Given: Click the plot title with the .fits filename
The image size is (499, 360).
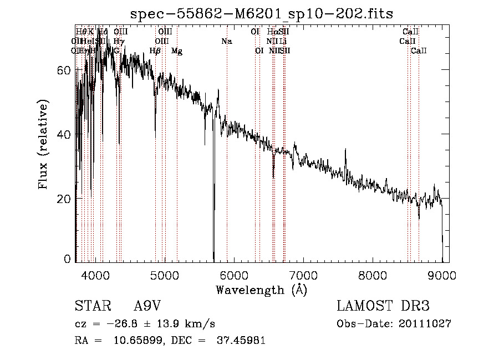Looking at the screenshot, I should click(261, 14).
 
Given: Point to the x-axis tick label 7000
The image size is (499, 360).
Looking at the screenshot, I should click(303, 275).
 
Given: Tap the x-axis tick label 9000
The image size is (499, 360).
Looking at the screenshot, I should click(442, 275).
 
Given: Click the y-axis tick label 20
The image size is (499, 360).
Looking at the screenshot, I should click(66, 199).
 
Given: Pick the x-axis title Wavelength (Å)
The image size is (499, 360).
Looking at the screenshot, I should click(261, 290).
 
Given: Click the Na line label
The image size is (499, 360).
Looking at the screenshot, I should click(226, 42).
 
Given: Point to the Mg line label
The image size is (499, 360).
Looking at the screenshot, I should click(176, 51).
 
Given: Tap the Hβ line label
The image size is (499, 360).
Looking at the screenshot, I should click(155, 51).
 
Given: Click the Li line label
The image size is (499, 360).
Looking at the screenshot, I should click(283, 42).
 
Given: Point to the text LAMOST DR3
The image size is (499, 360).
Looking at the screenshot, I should click(383, 307).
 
